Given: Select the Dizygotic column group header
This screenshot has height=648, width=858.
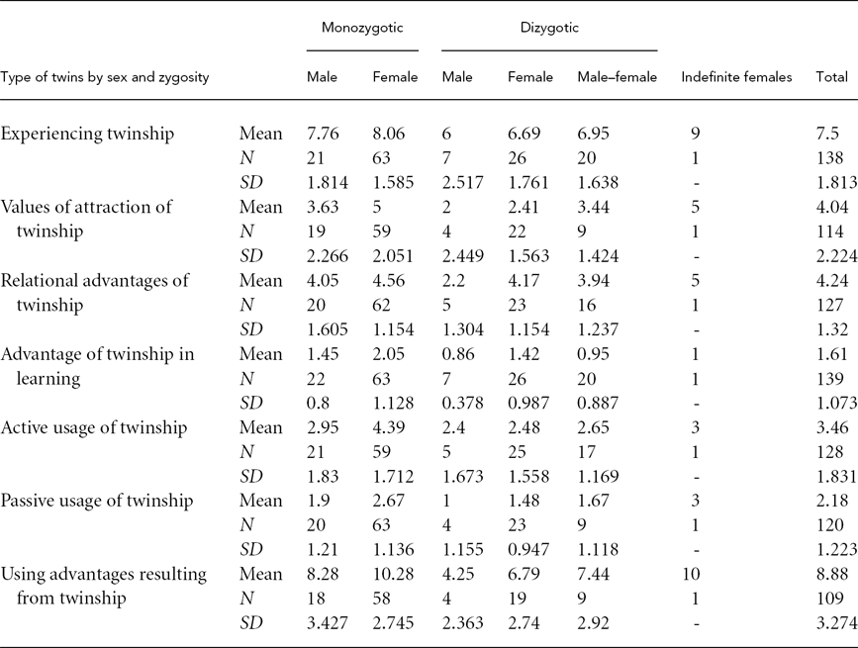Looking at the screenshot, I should (548, 28).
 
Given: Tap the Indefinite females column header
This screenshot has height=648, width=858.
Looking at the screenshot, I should (736, 77).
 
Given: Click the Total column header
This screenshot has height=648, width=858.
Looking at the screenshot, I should (830, 77).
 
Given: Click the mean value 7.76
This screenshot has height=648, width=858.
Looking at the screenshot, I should (323, 133).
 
